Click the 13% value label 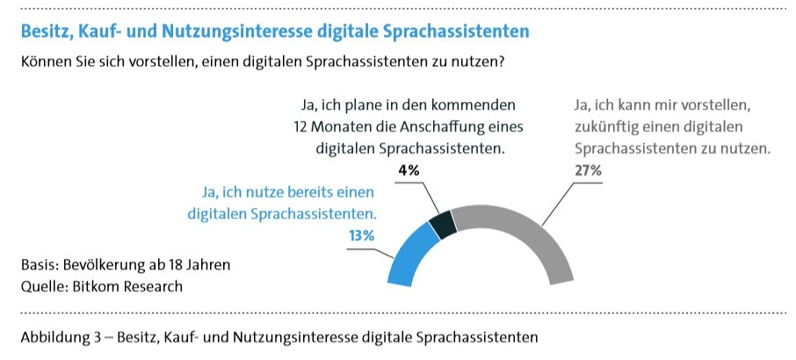point(362,235)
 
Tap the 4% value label point(409,170)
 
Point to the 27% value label point(588,170)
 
